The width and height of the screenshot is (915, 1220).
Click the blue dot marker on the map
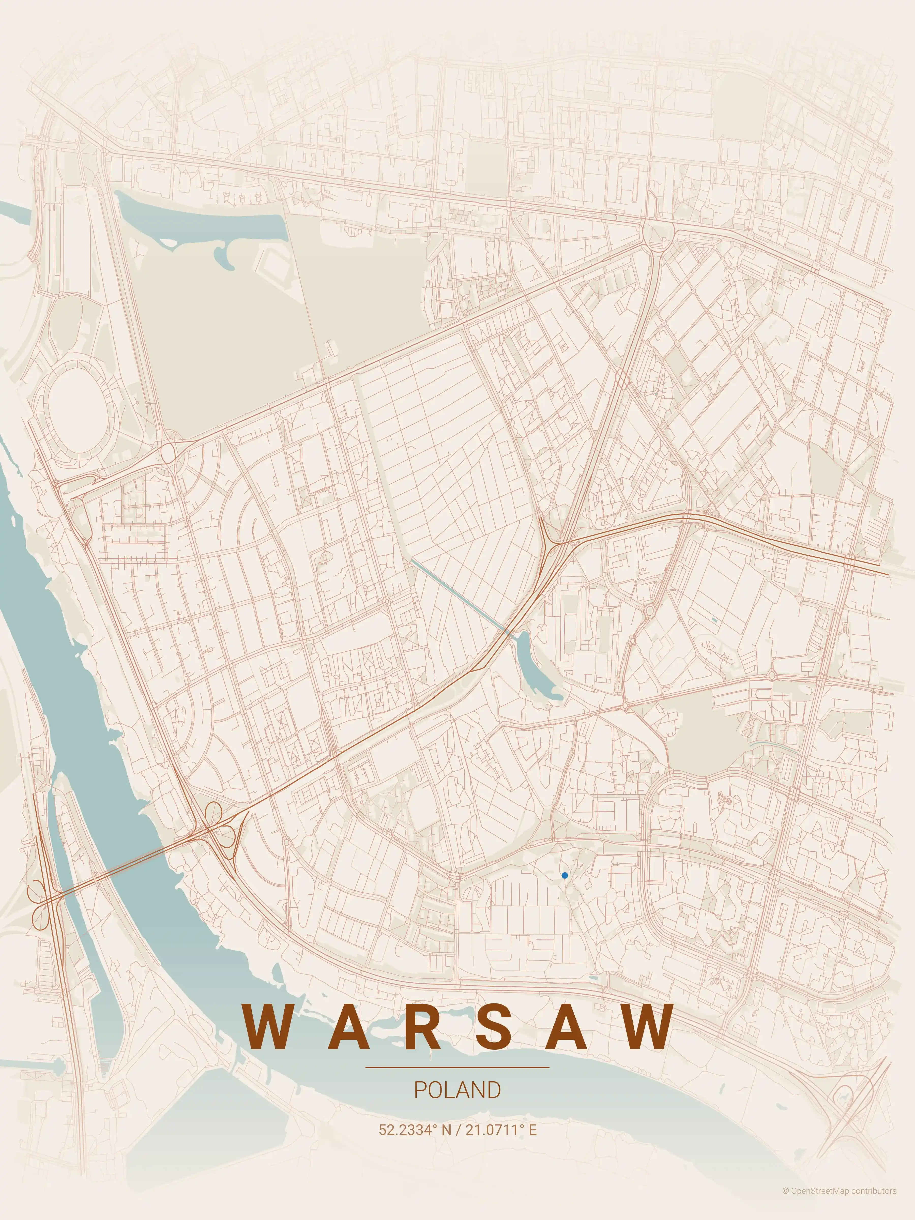[x=564, y=875]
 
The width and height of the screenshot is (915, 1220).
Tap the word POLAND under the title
[x=457, y=1090]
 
